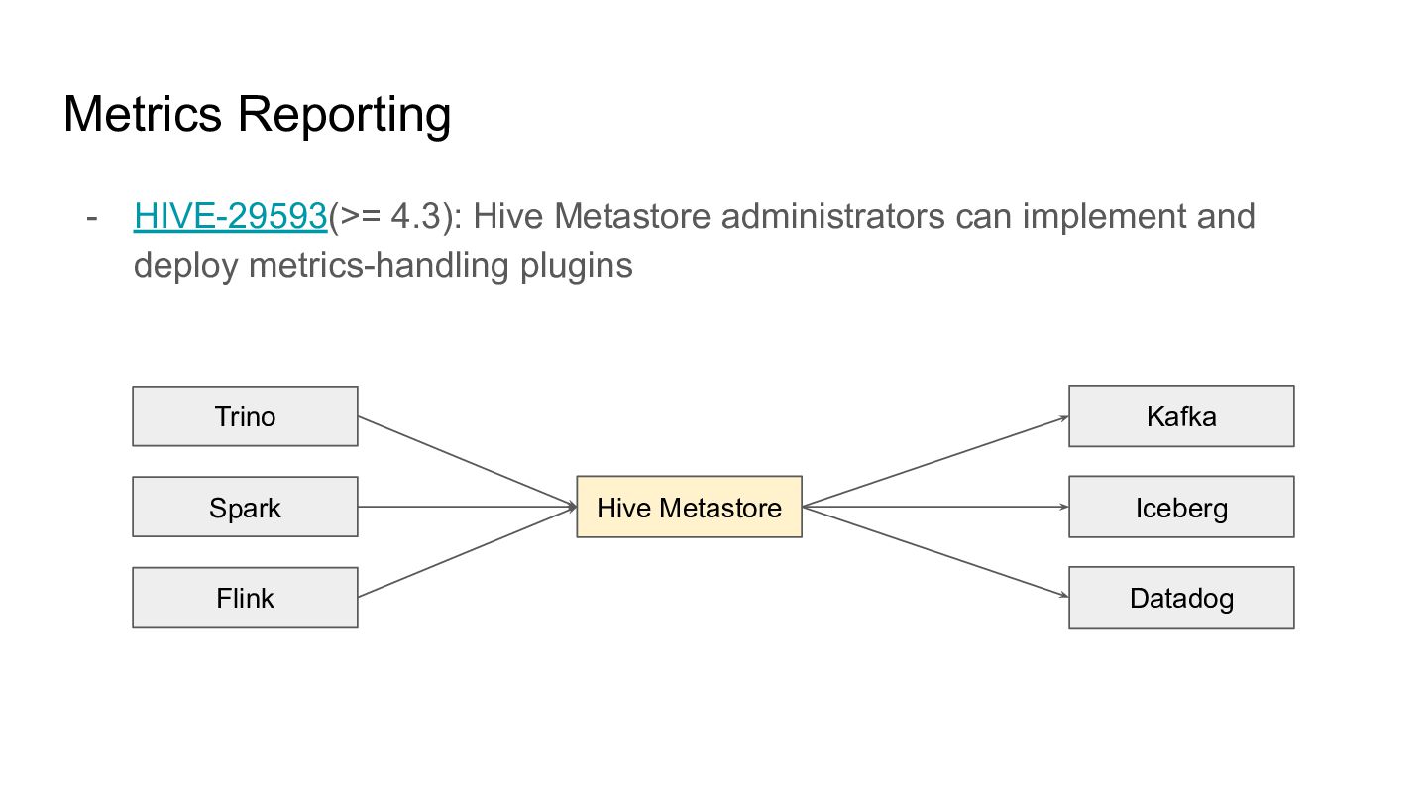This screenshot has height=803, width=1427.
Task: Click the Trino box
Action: coord(246,416)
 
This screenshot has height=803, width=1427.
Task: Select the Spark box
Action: coord(246,507)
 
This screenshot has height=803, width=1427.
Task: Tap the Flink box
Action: coord(246,597)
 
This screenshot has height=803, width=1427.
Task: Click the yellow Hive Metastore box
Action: coord(690,507)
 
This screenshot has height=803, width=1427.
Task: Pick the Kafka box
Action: coord(1181,416)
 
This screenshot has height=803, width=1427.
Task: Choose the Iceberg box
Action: coord(1181,507)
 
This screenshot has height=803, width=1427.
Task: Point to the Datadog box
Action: coord(1181,597)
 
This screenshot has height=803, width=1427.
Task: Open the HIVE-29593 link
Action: coord(231,216)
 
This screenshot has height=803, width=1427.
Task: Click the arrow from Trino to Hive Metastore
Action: coord(468,461)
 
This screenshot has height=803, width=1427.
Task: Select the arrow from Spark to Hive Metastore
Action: coord(468,507)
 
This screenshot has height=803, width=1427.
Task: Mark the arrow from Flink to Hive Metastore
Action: coord(468,552)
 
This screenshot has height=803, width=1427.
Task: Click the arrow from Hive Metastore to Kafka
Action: coord(935,461)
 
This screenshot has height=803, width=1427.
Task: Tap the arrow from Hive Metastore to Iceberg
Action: coord(935,507)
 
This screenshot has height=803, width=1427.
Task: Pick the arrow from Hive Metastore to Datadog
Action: coord(935,552)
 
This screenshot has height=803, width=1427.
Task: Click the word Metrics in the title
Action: coord(143,114)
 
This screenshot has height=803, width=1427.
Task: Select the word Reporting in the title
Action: coord(345,116)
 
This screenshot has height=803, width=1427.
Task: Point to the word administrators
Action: coord(832,216)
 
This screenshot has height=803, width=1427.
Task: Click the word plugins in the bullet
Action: coord(577,266)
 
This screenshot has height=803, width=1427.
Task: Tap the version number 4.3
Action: coord(416,216)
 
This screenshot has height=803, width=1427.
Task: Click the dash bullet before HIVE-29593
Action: coord(92,218)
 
